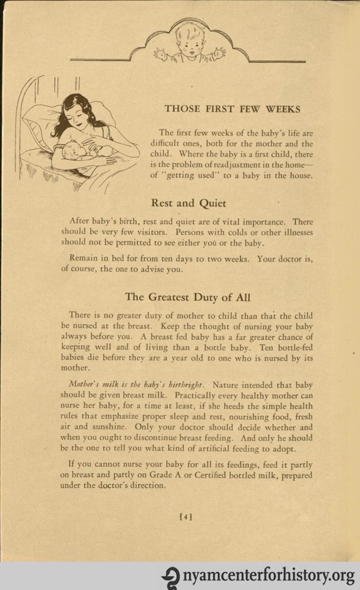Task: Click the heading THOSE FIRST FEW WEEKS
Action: pyautogui.click(x=232, y=108)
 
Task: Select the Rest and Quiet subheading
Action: pyautogui.click(x=188, y=203)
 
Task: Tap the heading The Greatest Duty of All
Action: pyautogui.click(x=188, y=297)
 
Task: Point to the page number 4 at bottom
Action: pyautogui.click(x=185, y=517)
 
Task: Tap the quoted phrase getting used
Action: pyautogui.click(x=195, y=176)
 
